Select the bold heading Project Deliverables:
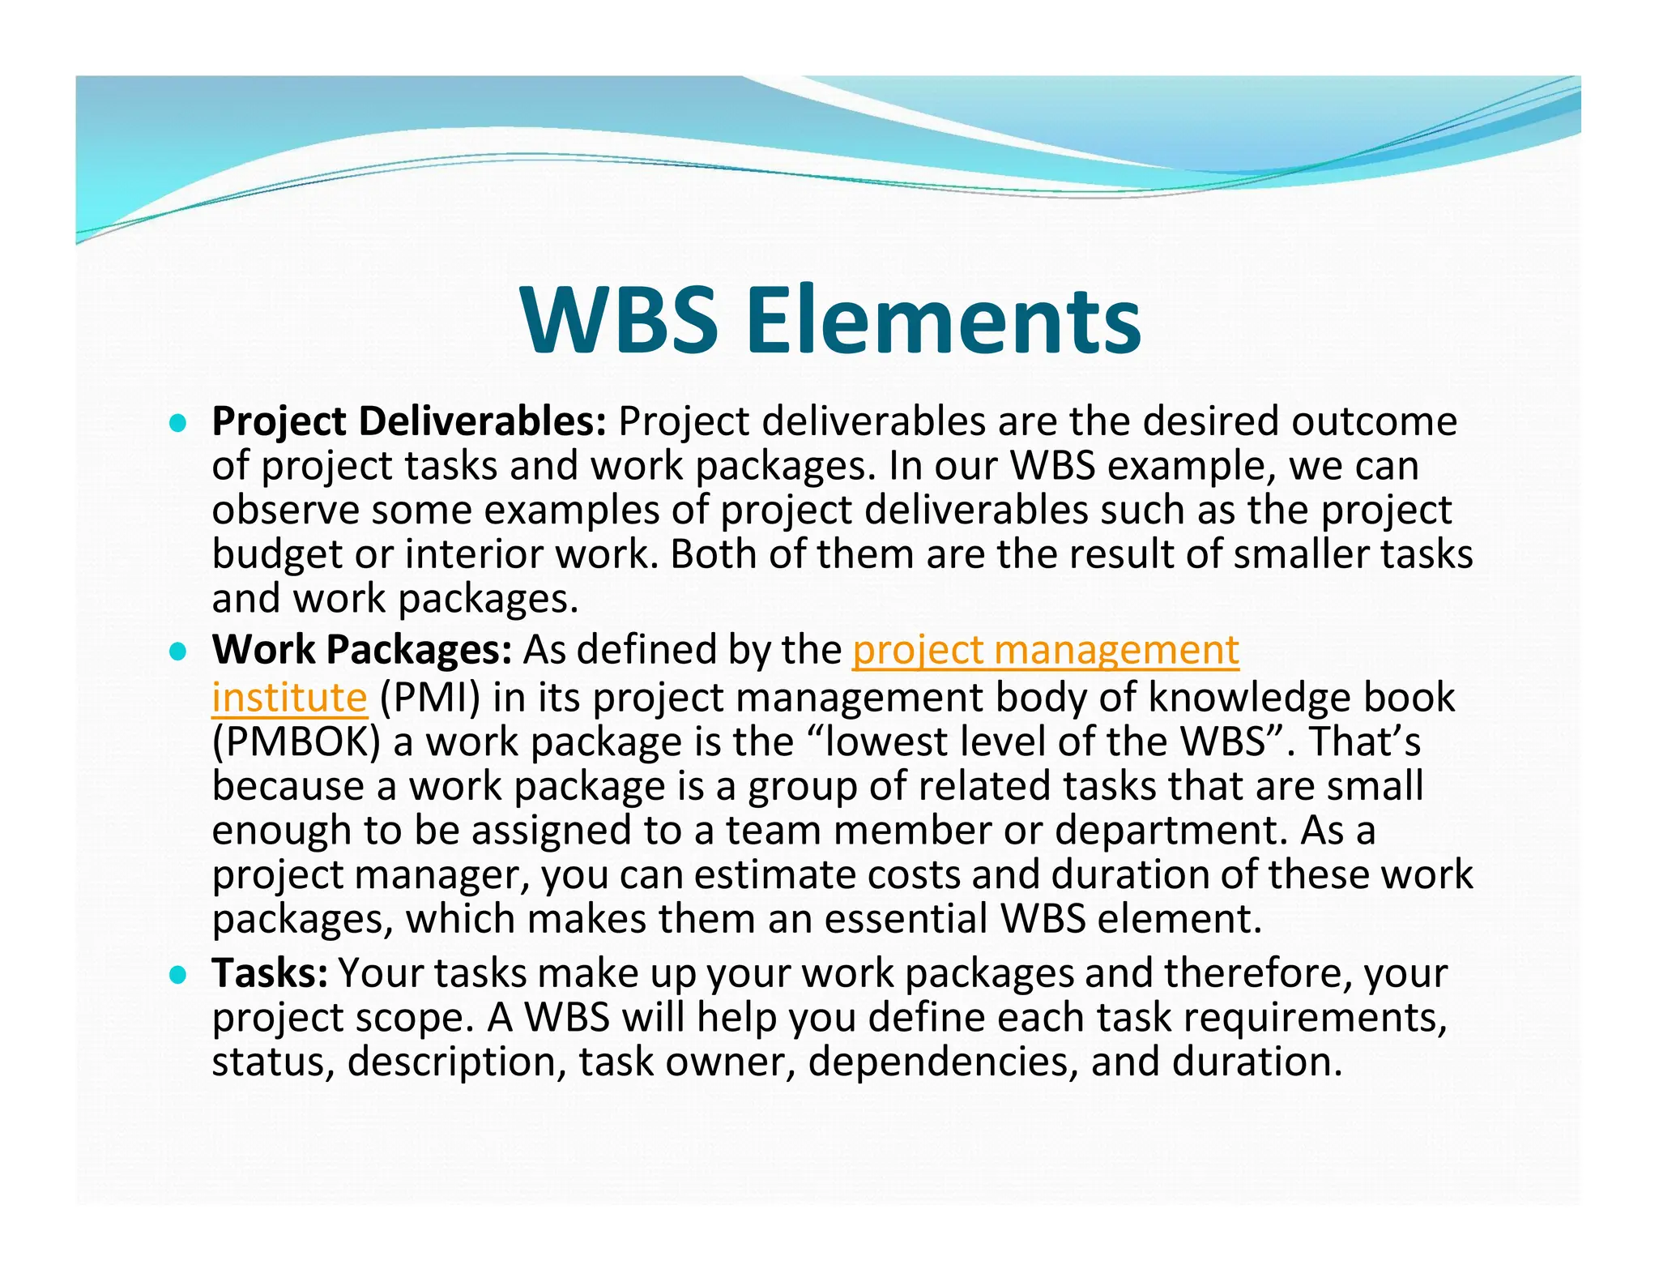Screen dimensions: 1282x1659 click(409, 421)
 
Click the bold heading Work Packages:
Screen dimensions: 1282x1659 click(361, 650)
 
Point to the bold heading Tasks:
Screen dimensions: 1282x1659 click(270, 972)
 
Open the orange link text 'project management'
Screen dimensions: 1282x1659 click(1045, 650)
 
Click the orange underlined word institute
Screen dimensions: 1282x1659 click(289, 698)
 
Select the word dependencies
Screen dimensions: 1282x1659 click(943, 1062)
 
